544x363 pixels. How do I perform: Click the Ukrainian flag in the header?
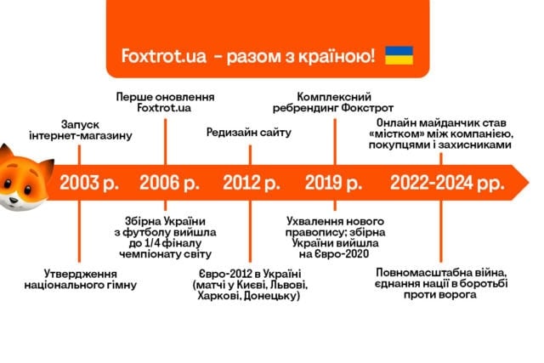tap(399, 55)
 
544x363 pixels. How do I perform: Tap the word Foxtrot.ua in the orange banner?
tap(164, 56)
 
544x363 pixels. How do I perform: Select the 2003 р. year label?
tap(88, 183)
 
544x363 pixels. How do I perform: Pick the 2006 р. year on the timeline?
tap(169, 183)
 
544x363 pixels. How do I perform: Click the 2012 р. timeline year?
tap(252, 183)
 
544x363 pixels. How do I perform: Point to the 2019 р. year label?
tap(333, 183)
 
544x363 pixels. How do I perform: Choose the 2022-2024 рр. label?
tap(447, 183)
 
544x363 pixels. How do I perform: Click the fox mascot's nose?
tap(14, 201)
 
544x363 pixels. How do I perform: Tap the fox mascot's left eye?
tap(7, 183)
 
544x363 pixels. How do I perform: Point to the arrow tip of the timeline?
tap(529, 183)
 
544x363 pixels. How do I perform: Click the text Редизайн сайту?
tap(249, 133)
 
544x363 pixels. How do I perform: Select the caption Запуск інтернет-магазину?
tap(81, 130)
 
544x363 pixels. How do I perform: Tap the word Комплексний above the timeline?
tap(334, 96)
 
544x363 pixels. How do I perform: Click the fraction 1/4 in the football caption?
tap(151, 243)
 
